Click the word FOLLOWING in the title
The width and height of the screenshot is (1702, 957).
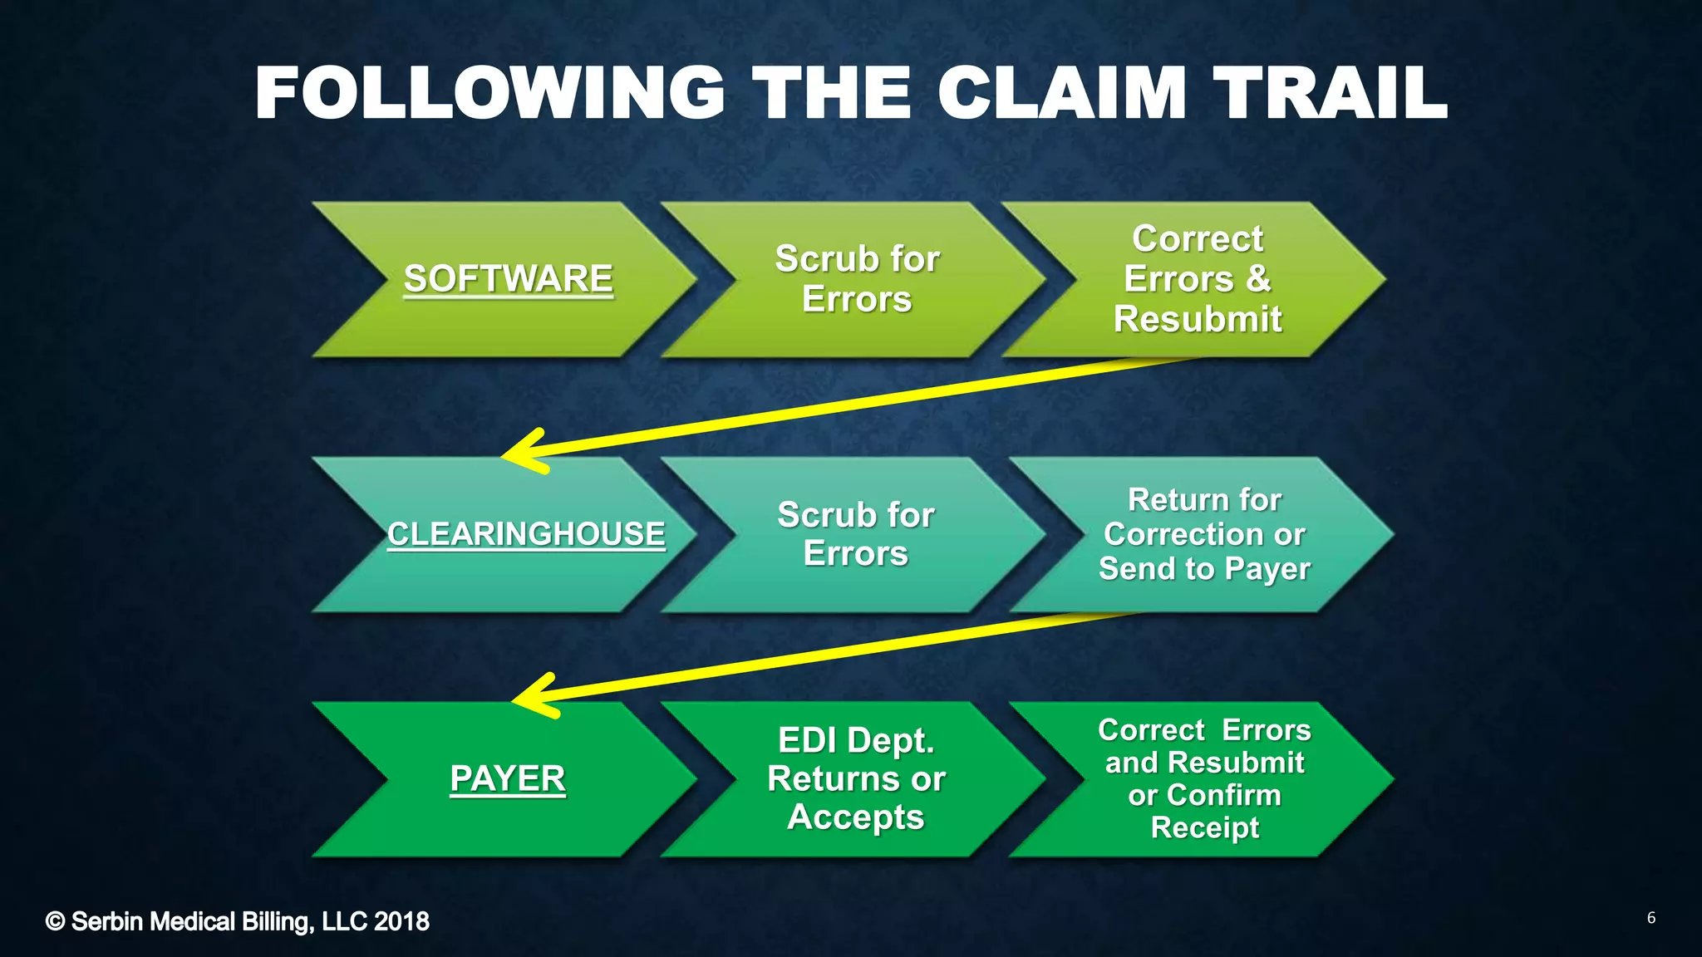[x=489, y=93]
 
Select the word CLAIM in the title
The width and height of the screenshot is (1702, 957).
[x=1062, y=93]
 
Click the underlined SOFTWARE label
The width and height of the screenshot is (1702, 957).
[x=508, y=279]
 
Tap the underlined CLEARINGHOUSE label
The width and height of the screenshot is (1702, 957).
[x=526, y=534]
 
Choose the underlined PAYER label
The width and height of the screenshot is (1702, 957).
[x=507, y=779]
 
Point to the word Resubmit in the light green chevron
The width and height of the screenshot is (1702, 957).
[x=1198, y=319]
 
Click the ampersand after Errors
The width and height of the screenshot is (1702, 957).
[x=1258, y=278]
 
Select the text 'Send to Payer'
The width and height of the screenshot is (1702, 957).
[x=1204, y=569]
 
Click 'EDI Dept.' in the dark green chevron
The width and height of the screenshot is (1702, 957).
[x=856, y=740]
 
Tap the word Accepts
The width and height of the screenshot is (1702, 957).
[x=856, y=817]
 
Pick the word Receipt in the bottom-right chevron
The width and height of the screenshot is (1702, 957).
[x=1204, y=827]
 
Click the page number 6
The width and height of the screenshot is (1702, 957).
[x=1650, y=918]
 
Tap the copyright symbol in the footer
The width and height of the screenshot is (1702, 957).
[x=55, y=921]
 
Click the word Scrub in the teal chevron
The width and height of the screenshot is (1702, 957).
[x=817, y=515]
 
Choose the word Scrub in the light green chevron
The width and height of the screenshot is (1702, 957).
[x=815, y=259]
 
